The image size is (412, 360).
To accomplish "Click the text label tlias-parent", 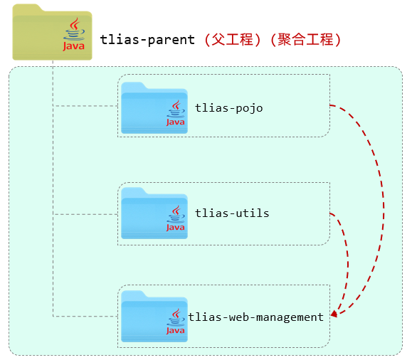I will tap(147, 40).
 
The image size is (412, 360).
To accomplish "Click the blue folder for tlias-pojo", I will tap(145, 108).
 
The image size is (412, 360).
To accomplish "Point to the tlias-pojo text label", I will tap(228, 108).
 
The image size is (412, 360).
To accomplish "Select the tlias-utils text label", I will tap(232, 213).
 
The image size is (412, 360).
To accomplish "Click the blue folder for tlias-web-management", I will tap(145, 317).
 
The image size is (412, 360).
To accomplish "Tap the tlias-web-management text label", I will tap(255, 317).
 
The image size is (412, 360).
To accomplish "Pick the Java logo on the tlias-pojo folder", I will tap(175, 114).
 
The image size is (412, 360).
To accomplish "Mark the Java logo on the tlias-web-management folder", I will tap(175, 322).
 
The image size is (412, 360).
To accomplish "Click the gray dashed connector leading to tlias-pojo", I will tap(85, 106).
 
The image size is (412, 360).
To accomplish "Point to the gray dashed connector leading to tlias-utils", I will tap(85, 212).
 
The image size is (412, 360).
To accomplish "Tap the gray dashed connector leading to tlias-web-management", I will tap(85, 316).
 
